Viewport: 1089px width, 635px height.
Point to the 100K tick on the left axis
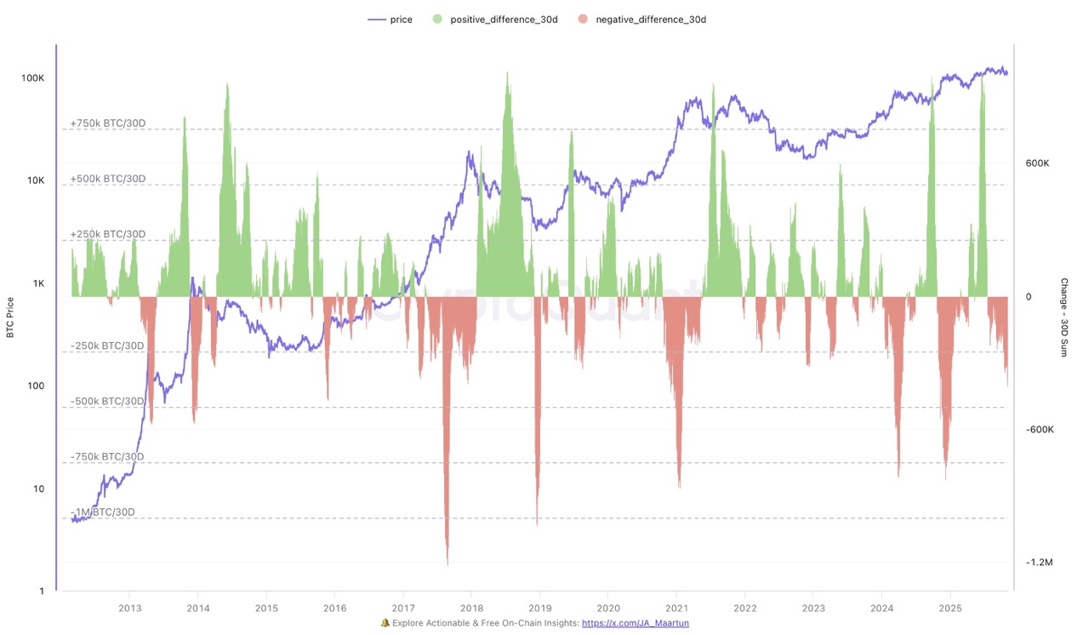pos(32,77)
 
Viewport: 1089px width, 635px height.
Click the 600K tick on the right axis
pos(1039,163)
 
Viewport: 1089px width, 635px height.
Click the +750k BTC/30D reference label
pos(108,123)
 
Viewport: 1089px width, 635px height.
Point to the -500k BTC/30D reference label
pos(107,401)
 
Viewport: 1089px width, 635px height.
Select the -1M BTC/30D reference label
pos(102,512)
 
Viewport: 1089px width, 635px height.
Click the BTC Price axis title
pos(10,317)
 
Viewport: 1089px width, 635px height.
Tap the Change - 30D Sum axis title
pos(1063,317)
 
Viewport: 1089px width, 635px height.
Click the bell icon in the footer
pos(385,623)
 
